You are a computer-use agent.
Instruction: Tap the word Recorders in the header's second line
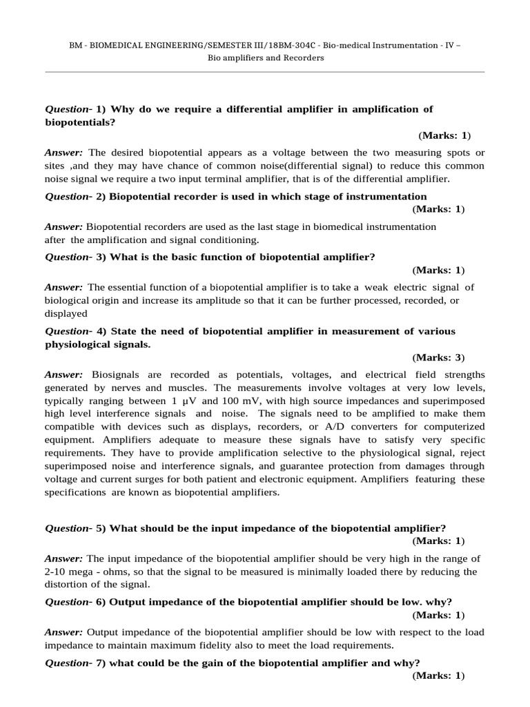tap(302, 58)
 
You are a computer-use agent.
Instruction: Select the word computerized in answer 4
tap(455, 427)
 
